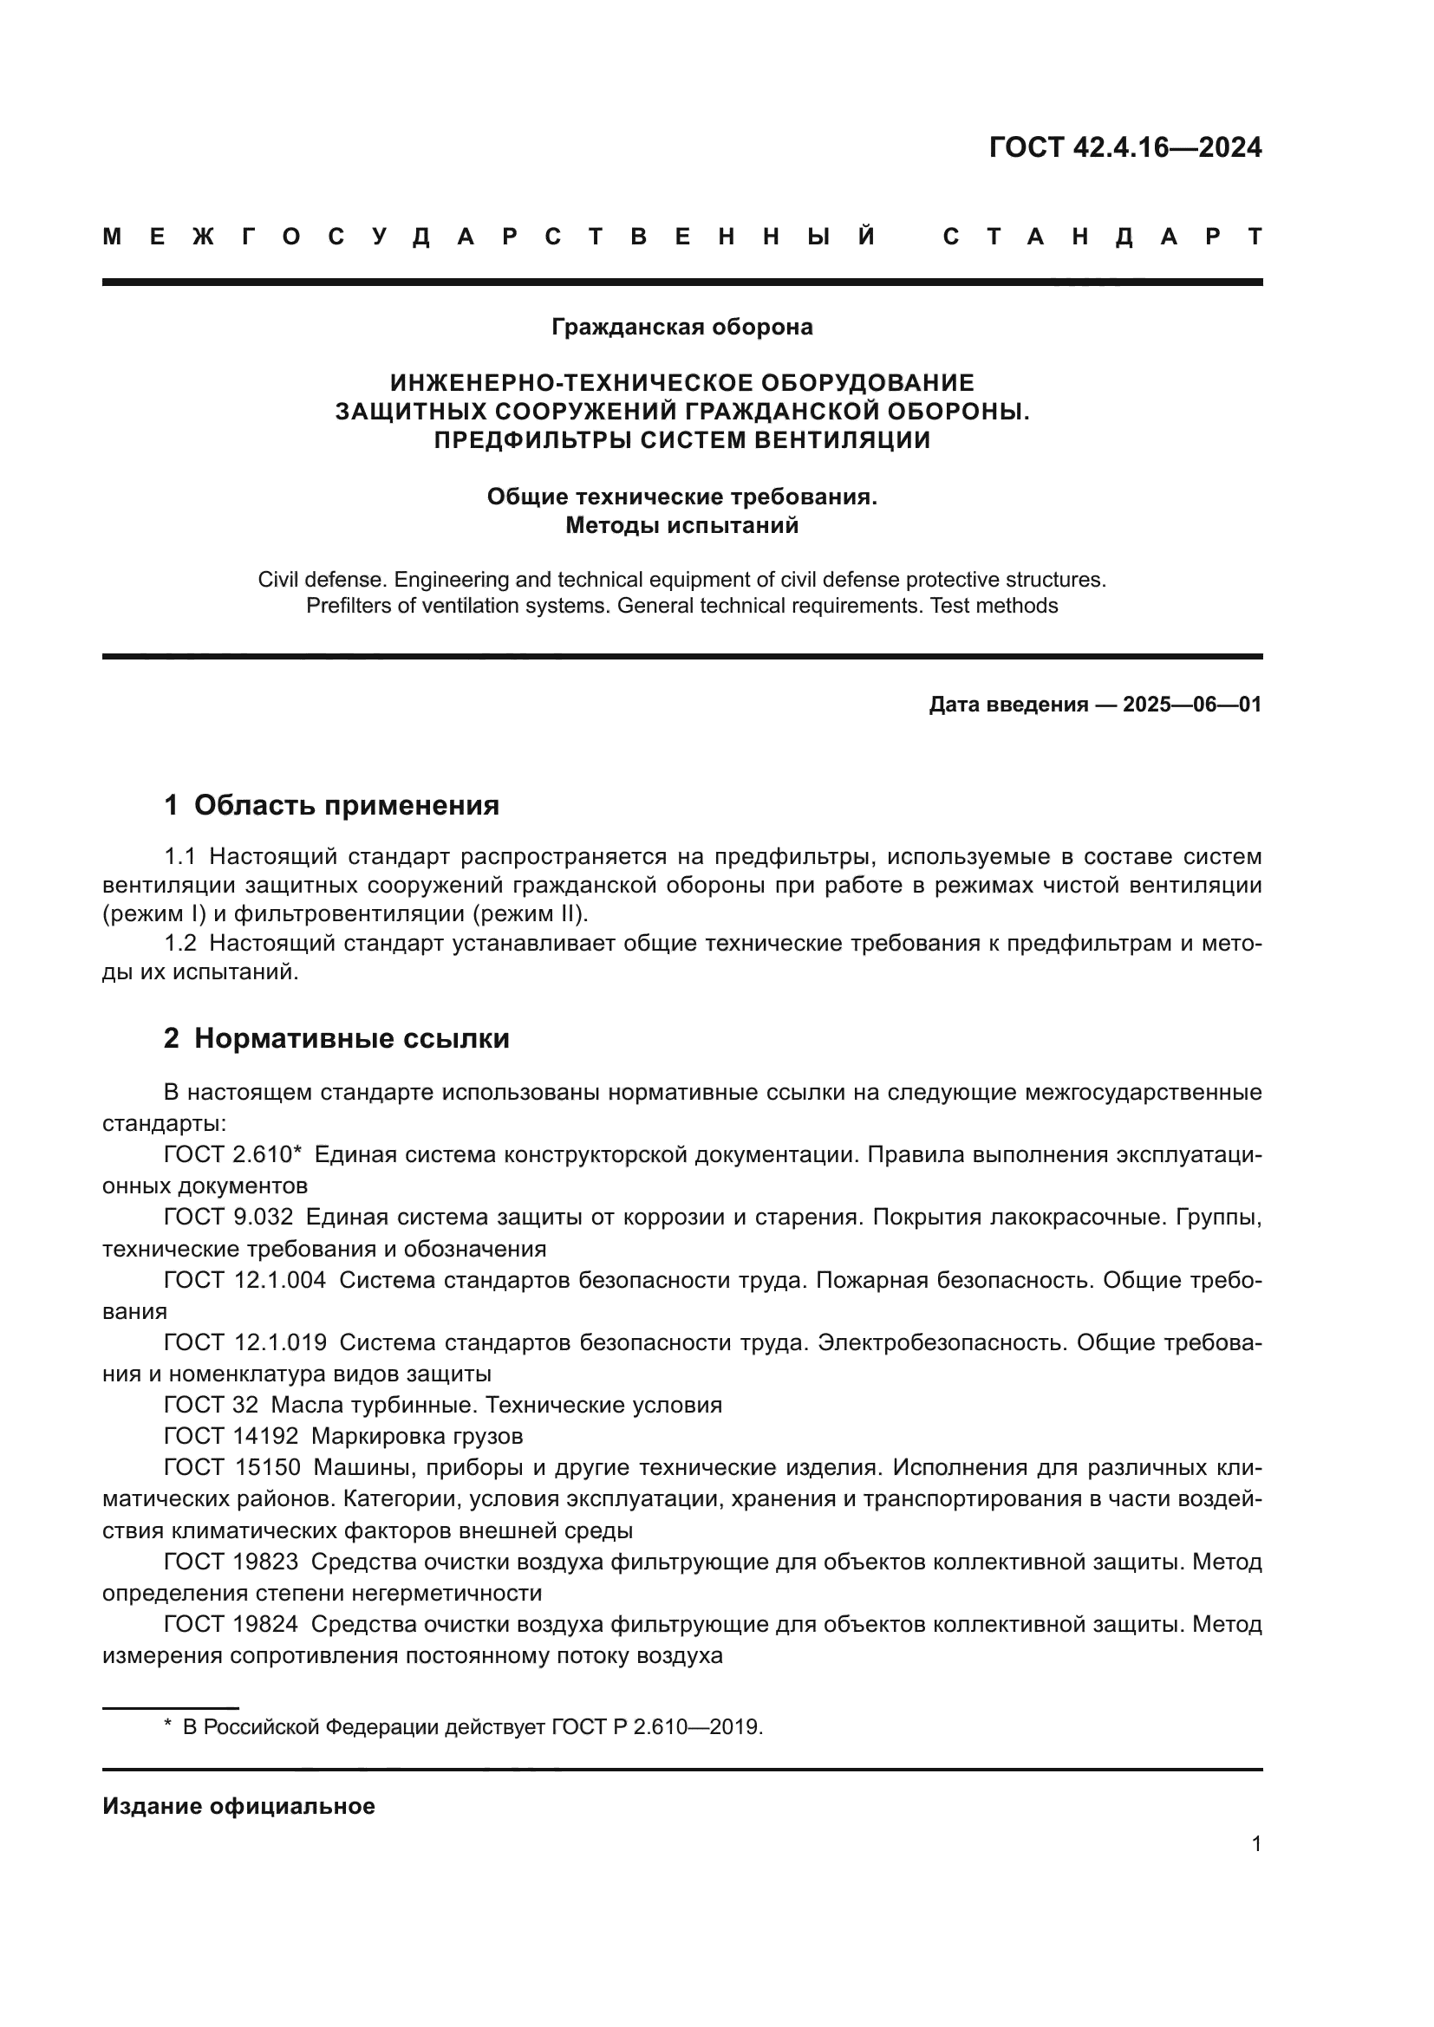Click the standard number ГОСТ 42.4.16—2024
[1125, 147]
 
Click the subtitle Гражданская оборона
[681, 328]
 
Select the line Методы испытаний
[681, 526]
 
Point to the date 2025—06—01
[1192, 705]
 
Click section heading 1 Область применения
[332, 805]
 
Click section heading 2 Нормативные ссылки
[336, 1038]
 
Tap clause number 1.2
[180, 944]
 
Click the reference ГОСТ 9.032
[228, 1218]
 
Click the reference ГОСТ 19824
[231, 1624]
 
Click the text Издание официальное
[238, 1805]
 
